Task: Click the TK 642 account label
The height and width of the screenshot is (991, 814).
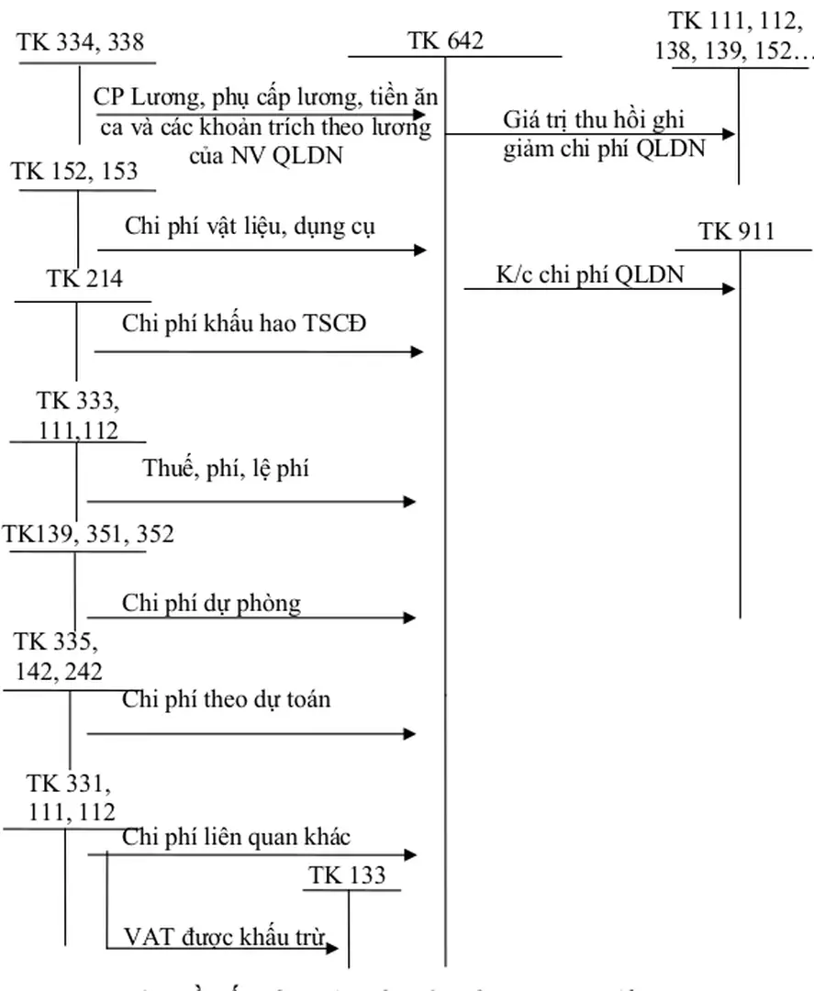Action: click(446, 40)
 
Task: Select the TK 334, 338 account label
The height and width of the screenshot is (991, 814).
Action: click(81, 41)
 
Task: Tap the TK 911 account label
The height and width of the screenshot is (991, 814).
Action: click(737, 231)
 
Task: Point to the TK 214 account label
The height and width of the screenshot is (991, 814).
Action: click(84, 279)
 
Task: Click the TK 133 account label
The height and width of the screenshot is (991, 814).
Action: click(348, 875)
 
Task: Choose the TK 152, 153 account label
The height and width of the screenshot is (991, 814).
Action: click(75, 171)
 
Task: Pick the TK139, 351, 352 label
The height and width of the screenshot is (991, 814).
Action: click(88, 534)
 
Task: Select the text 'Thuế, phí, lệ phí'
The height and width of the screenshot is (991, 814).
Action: click(226, 469)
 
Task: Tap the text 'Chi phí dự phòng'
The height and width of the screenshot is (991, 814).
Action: click(211, 603)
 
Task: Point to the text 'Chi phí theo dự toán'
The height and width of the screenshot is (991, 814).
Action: click(226, 699)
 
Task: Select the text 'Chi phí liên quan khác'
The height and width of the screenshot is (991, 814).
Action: click(236, 836)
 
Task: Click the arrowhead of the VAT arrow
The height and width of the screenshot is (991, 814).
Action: click(334, 947)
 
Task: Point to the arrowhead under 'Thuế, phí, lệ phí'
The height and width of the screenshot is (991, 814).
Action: click(410, 501)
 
